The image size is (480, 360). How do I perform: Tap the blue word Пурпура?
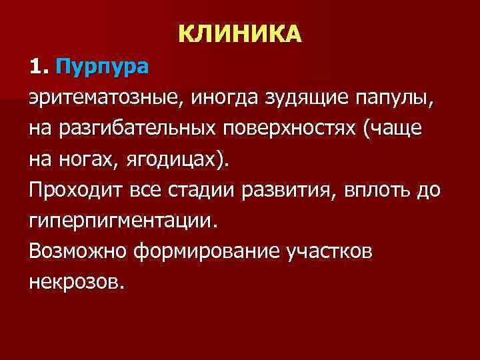[103, 67]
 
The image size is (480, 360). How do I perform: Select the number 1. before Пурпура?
[39, 67]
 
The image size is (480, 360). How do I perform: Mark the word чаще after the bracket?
[401, 129]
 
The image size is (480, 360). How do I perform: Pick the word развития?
[302, 190]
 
